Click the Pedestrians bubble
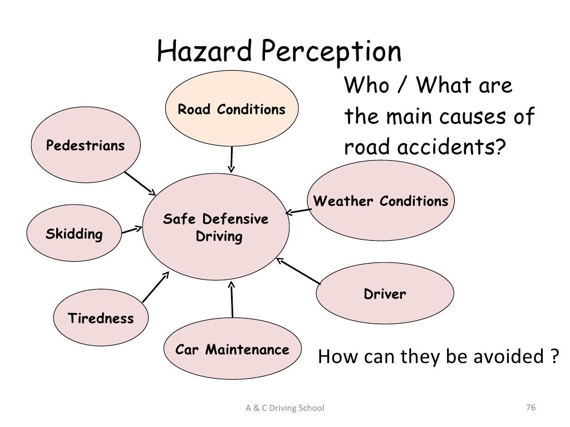tap(85, 146)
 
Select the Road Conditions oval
tap(232, 110)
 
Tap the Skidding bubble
tap(74, 234)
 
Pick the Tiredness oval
tap(101, 319)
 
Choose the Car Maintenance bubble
tap(232, 350)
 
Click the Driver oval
tap(385, 294)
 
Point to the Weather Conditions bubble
tap(381, 201)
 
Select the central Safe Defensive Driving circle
tap(216, 229)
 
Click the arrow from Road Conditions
tap(232, 160)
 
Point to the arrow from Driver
tap(298, 271)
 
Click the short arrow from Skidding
tap(130, 229)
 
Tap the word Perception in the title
tap(332, 53)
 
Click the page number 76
tap(530, 409)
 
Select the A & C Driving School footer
tap(284, 409)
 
